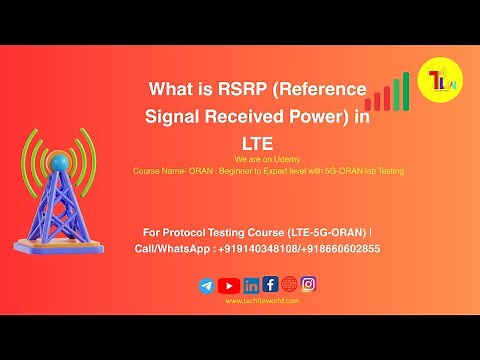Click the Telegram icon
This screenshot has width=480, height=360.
pos(207,285)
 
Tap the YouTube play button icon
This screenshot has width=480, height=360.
pos(229,285)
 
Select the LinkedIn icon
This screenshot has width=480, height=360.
pos(251,285)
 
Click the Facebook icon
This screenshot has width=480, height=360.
pos(270,284)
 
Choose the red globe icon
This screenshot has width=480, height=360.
pos(289,284)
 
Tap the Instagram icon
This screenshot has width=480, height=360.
pos(309,284)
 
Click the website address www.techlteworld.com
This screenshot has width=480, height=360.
pos(257,300)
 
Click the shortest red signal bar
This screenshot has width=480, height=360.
pos(369,104)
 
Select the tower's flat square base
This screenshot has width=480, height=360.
pos(60,237)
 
